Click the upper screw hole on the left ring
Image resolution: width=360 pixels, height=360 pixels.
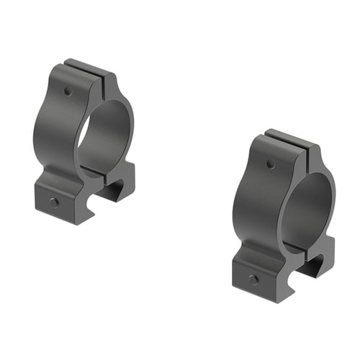67,92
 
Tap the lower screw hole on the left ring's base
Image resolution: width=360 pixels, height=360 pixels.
54,202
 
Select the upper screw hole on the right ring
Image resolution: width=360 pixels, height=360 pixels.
270,164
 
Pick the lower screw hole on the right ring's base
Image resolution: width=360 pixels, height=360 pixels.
253,279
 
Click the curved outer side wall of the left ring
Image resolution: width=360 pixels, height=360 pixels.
50,130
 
